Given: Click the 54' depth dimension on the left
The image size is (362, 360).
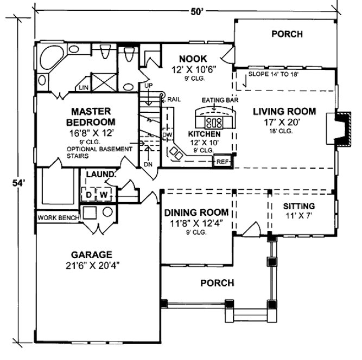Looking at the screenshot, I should [x=19, y=183].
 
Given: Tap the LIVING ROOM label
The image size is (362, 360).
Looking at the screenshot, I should [x=284, y=112].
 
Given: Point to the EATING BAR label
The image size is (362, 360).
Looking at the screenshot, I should [x=216, y=101].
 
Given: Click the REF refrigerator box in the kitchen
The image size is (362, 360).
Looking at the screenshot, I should [x=221, y=162].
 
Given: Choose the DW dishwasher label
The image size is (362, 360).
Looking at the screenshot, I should [x=167, y=134].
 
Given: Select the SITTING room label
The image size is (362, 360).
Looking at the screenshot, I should [x=299, y=206].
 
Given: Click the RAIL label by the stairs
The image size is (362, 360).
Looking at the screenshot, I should [x=174, y=100].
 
